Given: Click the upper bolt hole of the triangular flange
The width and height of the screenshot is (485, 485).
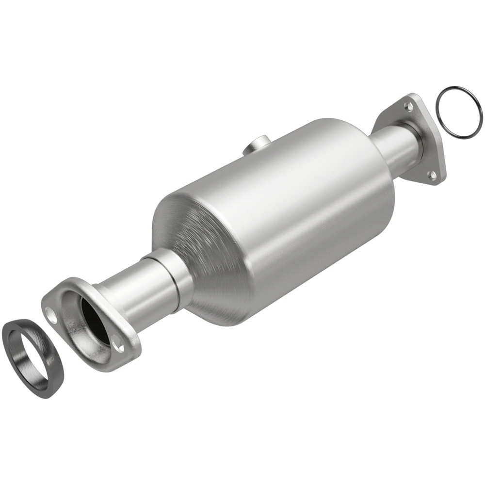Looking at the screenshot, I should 409,106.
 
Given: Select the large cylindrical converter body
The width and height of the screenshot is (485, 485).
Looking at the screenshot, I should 291,209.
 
